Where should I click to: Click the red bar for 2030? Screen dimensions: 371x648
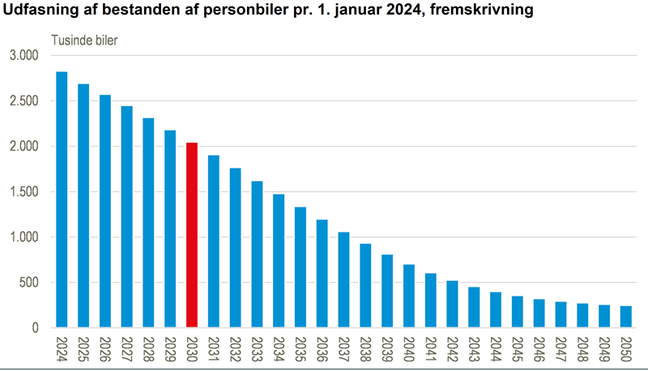click(x=192, y=235)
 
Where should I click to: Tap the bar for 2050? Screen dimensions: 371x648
click(x=626, y=317)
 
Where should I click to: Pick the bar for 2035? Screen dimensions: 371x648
click(x=301, y=267)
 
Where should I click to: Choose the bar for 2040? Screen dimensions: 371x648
click(x=409, y=296)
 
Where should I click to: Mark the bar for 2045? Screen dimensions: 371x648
click(x=518, y=312)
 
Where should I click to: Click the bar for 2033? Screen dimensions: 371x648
click(x=257, y=254)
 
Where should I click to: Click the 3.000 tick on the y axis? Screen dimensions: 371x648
click(x=24, y=56)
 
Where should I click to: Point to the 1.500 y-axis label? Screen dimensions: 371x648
click(x=24, y=192)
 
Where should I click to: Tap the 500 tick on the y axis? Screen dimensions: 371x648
click(x=30, y=283)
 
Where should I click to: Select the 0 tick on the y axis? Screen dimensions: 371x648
click(x=36, y=328)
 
